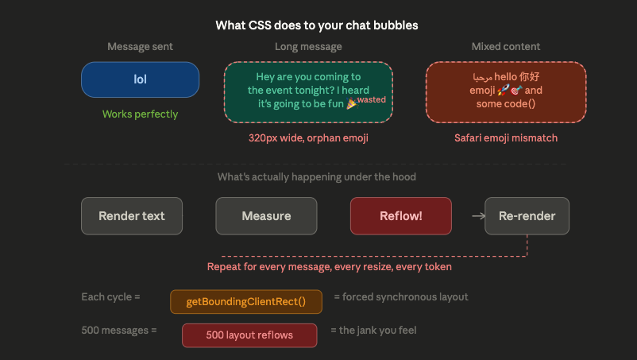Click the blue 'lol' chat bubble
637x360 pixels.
coord(140,79)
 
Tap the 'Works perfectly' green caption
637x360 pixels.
coord(140,114)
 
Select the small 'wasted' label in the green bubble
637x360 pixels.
coord(371,99)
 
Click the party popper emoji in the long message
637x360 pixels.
coord(351,103)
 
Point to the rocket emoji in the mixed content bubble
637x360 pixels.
coord(504,91)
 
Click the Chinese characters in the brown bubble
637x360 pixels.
coord(529,77)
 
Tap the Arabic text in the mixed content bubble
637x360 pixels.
coord(483,77)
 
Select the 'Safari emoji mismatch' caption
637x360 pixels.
coord(506,138)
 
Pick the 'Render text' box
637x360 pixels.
coord(132,216)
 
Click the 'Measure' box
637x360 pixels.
coord(266,216)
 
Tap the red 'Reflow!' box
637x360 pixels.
coord(401,216)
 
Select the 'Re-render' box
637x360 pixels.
coord(527,216)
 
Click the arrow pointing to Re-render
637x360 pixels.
coord(479,216)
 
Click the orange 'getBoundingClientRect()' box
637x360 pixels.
coord(246,302)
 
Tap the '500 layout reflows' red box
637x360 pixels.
coord(249,335)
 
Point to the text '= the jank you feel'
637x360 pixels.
coord(373,331)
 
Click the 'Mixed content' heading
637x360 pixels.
coord(506,47)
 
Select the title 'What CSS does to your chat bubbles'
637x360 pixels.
coord(317,25)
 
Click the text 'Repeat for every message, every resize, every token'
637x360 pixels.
coord(330,267)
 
